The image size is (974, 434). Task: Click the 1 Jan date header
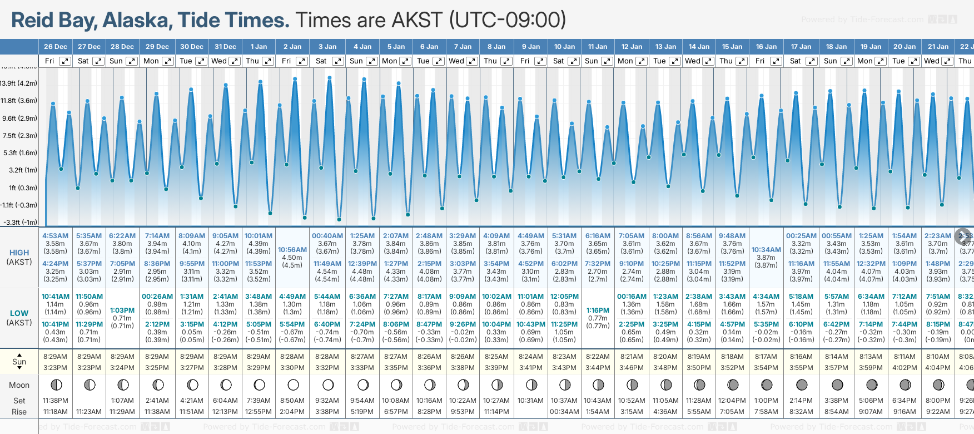coord(259,47)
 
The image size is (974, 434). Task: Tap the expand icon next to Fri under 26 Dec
coord(65,61)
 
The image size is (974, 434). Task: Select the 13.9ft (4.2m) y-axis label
coord(19,83)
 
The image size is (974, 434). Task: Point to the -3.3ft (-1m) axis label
coord(20,223)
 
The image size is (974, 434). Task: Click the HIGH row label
coord(19,253)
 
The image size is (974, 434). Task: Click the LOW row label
coord(19,313)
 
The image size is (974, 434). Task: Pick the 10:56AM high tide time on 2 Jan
coord(292,250)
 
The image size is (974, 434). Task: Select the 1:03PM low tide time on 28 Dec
coord(122,310)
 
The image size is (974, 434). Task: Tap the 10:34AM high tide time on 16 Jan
coord(766,250)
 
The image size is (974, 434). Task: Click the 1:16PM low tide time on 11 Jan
coord(598,310)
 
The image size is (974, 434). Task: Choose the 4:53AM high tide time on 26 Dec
coord(56,236)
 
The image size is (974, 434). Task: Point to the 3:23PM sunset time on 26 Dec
coord(56,368)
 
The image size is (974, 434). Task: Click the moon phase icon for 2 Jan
coord(293,385)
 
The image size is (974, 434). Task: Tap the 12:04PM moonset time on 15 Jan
coord(732,401)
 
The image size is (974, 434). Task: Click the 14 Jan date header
coord(699,47)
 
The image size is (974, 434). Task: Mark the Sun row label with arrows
coord(19,361)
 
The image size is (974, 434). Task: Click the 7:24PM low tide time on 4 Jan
coord(362,324)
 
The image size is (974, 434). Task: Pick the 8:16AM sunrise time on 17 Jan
coord(801,357)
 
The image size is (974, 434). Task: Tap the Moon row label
coord(19,385)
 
